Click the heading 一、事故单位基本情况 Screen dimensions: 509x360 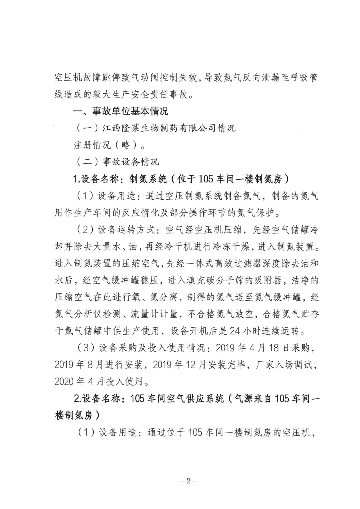click(x=121, y=111)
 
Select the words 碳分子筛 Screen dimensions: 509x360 click(x=219, y=280)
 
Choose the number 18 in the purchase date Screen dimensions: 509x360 click(x=273, y=348)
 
